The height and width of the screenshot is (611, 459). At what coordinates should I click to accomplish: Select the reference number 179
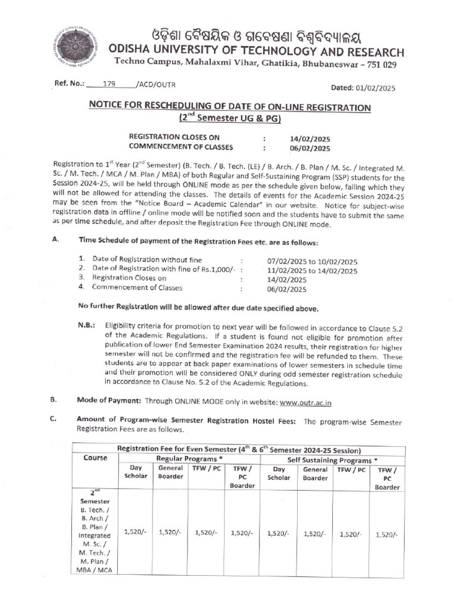pos(109,84)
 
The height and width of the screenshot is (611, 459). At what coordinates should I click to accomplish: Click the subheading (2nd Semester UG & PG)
pos(229,118)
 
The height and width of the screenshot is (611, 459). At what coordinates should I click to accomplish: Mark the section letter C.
pos(54,419)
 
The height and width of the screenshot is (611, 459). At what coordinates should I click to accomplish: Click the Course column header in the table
pos(96,458)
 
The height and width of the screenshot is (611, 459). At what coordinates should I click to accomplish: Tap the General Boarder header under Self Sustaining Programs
pos(315,474)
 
